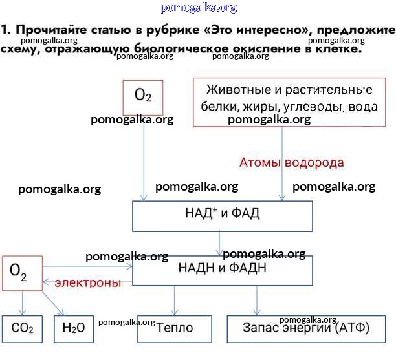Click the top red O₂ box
[143, 96]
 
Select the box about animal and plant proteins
[289, 101]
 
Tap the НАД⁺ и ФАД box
[222, 215]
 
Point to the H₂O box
[74, 328]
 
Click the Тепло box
[175, 328]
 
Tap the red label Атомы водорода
[291, 163]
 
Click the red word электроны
[87, 282]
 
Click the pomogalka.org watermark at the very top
[197, 8]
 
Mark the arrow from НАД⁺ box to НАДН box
[221, 244]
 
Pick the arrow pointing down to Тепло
[174, 301]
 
